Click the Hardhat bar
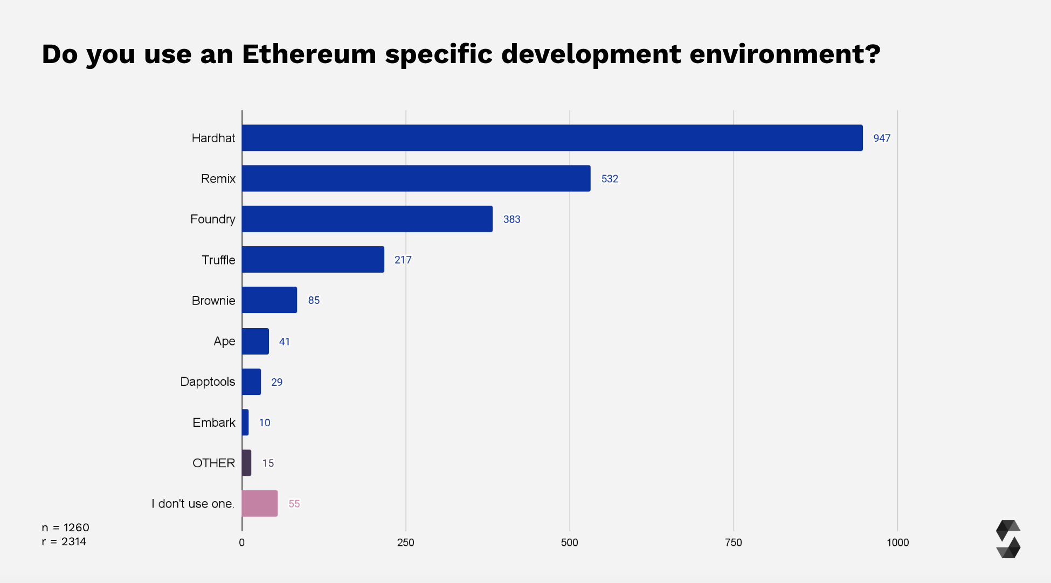(x=552, y=138)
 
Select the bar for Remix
(x=416, y=178)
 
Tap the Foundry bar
(x=367, y=219)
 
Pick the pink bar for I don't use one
(x=260, y=503)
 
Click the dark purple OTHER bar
(x=247, y=463)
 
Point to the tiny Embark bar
(x=245, y=422)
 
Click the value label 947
(x=881, y=138)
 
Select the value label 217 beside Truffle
(x=403, y=260)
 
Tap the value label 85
(x=314, y=300)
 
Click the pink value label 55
(x=294, y=504)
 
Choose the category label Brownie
(x=213, y=300)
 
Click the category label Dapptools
(x=208, y=381)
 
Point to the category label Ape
(x=224, y=341)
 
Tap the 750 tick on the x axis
(x=733, y=543)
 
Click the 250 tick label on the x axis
(x=405, y=543)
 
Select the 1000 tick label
(x=897, y=543)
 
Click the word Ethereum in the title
(x=309, y=54)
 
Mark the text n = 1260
(x=65, y=528)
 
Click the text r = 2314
(x=64, y=542)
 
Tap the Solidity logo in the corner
(x=1008, y=539)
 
